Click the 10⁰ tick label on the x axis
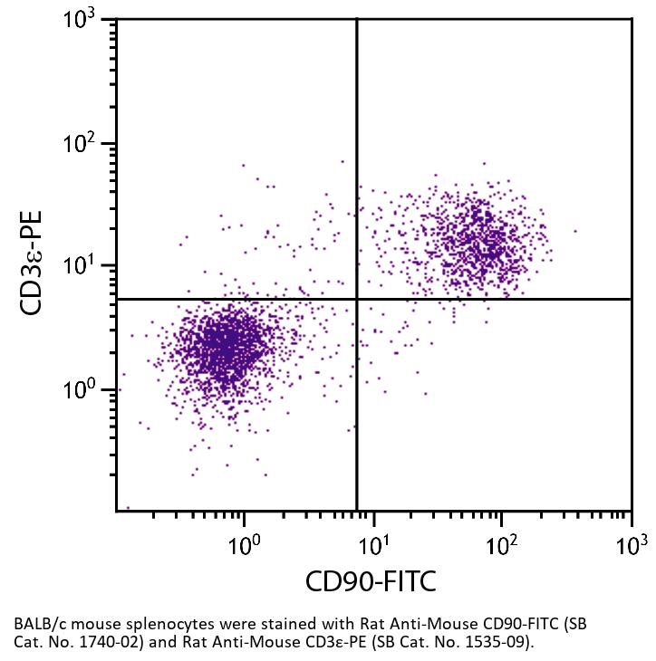click(244, 546)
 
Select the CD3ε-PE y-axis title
click(34, 263)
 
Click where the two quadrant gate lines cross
click(357, 299)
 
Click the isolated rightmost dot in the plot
click(574, 231)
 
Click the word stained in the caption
click(256, 625)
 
